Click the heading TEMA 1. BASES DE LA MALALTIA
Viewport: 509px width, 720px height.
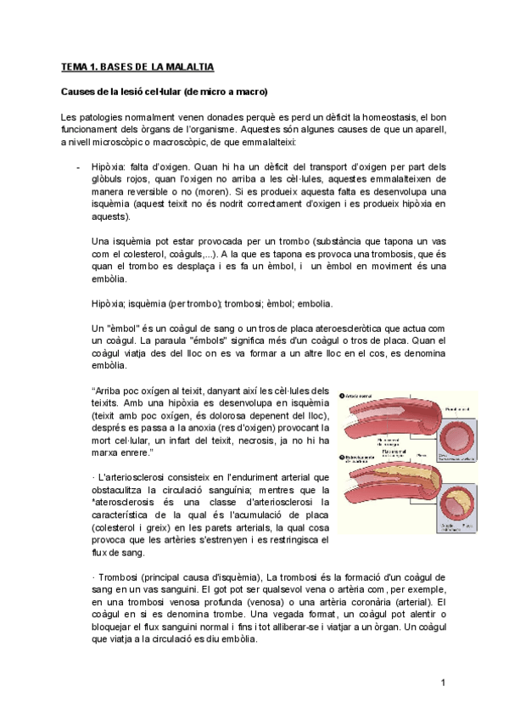pyautogui.click(x=137, y=66)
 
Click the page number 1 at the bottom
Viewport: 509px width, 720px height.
pyautogui.click(x=443, y=683)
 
